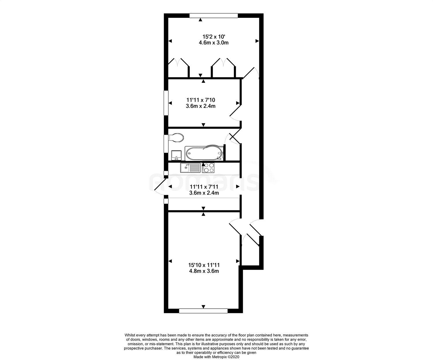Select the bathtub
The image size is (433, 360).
(x=204, y=153)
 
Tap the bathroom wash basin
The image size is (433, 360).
(x=176, y=155)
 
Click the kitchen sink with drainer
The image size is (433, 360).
(x=190, y=168)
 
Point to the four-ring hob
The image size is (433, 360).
(x=208, y=168)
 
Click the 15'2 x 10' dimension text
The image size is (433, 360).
(x=214, y=37)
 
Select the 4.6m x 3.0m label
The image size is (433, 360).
(x=214, y=43)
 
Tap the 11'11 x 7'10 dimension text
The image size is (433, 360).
(x=201, y=100)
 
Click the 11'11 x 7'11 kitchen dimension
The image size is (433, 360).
(x=204, y=187)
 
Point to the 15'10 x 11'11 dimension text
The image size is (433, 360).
(x=204, y=265)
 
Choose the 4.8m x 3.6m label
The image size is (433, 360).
(x=204, y=271)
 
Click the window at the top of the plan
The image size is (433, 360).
(x=214, y=16)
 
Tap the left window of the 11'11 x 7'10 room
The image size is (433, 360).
(x=166, y=103)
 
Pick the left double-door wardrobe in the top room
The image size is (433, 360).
(x=178, y=67)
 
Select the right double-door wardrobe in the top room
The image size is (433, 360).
(x=223, y=67)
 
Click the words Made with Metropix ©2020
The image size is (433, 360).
(x=216, y=357)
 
